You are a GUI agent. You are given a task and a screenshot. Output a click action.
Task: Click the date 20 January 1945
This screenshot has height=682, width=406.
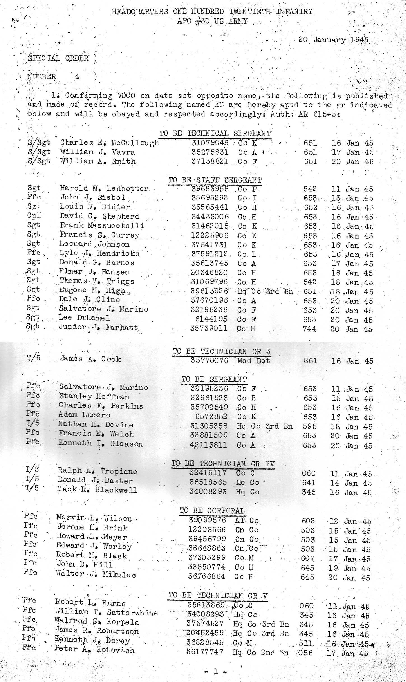pyautogui.click(x=333, y=40)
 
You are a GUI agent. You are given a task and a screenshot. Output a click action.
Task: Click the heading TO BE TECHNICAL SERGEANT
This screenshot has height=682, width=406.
pyautogui.click(x=215, y=134)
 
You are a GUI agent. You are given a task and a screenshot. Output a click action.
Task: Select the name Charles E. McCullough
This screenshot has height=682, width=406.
pyautogui.click(x=109, y=143)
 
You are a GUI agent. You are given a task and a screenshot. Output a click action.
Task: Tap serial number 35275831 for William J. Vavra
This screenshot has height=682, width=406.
pyautogui.click(x=210, y=152)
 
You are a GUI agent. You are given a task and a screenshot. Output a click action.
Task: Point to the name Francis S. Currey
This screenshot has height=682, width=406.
pyautogui.click(x=99, y=235)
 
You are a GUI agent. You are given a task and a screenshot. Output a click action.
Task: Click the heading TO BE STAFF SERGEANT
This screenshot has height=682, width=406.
pyautogui.click(x=215, y=180)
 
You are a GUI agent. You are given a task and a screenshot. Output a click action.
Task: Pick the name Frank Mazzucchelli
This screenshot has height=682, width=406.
pyautogui.click(x=102, y=226)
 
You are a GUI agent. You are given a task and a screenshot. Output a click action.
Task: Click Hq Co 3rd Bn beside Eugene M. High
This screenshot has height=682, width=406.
pyautogui.click(x=265, y=291)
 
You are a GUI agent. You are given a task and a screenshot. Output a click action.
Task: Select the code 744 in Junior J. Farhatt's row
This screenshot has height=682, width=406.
pyautogui.click(x=309, y=329)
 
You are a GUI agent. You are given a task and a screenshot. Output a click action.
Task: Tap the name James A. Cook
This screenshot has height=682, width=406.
pyautogui.click(x=90, y=359)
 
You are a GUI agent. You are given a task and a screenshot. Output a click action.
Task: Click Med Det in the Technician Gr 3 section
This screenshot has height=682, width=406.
pyautogui.click(x=253, y=361)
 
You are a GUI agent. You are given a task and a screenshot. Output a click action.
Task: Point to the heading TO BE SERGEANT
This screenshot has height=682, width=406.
pyautogui.click(x=214, y=379)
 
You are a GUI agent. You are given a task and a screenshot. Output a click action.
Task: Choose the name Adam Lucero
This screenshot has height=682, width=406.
pyautogui.click(x=84, y=415)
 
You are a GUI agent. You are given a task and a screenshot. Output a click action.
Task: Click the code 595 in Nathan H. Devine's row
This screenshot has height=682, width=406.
pyautogui.click(x=309, y=426)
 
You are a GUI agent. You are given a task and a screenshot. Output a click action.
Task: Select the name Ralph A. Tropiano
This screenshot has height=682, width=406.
pyautogui.click(x=97, y=471)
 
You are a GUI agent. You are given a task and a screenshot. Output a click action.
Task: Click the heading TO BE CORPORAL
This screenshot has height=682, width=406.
pyautogui.click(x=212, y=510)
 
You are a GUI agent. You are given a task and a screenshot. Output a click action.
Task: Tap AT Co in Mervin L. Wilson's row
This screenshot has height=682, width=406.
pyautogui.click(x=247, y=520)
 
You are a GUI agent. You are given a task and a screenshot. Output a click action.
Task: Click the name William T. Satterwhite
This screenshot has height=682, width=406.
pyautogui.click(x=106, y=613)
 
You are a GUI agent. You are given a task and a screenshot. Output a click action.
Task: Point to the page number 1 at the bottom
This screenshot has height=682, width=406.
pyautogui.click(x=215, y=671)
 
